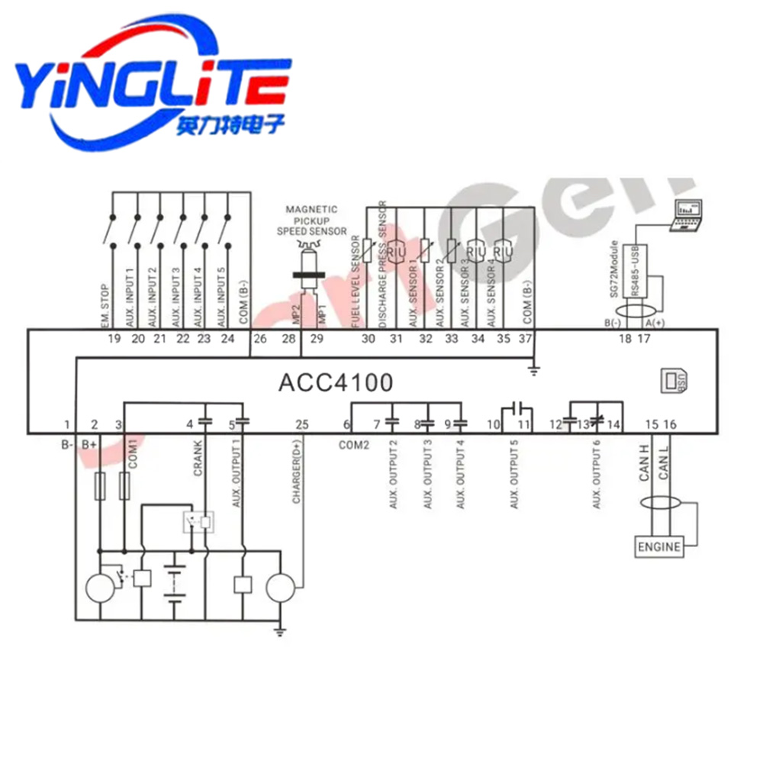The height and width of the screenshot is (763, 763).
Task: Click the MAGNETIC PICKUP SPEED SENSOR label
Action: (311, 220)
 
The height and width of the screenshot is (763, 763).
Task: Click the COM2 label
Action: (355, 443)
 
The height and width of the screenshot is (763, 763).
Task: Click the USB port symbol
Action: (674, 380)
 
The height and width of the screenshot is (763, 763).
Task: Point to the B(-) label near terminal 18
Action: (612, 324)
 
